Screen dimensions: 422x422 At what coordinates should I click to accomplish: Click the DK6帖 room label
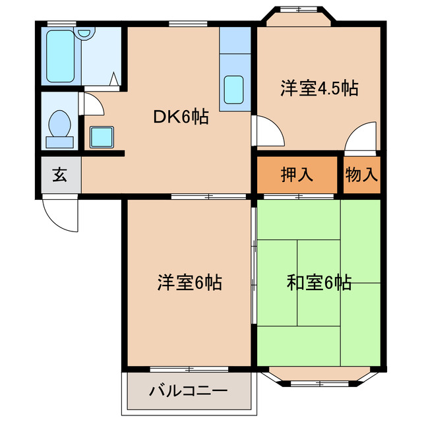tap(181, 118)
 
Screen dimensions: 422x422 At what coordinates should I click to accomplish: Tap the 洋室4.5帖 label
tap(319, 88)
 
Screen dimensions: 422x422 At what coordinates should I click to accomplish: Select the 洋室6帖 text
tap(189, 283)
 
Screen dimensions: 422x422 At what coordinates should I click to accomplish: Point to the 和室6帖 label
tap(318, 283)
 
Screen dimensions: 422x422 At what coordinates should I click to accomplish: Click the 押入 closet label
tap(297, 175)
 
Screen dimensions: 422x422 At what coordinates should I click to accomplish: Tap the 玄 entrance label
tap(59, 175)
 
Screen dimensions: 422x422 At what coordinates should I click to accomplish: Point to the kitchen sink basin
tap(234, 90)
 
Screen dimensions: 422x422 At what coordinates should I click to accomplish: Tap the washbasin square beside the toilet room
tap(101, 136)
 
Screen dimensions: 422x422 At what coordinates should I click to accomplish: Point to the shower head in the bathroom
tap(84, 33)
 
